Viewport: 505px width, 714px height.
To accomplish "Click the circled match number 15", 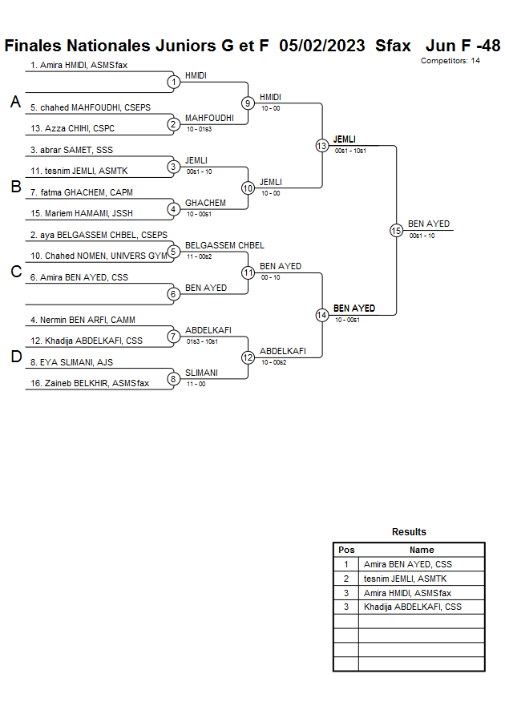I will (396, 230).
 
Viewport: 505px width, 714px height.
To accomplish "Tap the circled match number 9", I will (248, 103).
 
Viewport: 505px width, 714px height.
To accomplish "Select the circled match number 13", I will (321, 145).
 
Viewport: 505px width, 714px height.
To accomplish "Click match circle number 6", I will (173, 293).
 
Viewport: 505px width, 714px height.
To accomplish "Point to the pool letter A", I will (15, 102).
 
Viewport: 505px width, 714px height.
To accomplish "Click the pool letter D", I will (15, 357).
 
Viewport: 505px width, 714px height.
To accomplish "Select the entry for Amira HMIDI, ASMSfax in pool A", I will (79, 65).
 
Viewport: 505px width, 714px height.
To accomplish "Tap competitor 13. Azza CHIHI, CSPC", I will (72, 128).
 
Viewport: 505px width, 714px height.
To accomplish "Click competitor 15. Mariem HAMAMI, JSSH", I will (82, 213).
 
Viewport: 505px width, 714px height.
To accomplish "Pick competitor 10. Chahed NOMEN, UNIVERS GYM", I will (99, 256).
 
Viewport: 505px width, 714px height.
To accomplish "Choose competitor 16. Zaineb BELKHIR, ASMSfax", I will (90, 383).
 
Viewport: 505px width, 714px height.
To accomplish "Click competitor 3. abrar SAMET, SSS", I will (71, 150).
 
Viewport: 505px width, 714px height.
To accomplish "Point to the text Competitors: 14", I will (450, 60).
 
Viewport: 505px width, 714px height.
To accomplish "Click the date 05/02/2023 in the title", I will (323, 45).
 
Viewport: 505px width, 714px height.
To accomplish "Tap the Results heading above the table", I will (409, 532).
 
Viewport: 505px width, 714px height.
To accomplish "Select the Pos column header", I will (346, 550).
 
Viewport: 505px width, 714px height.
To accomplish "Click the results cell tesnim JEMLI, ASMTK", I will (405, 579).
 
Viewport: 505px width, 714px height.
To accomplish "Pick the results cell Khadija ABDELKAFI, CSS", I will (412, 607).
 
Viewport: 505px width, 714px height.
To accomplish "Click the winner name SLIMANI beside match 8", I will (201, 373).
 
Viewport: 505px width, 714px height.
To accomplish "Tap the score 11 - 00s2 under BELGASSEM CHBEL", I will (199, 256).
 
